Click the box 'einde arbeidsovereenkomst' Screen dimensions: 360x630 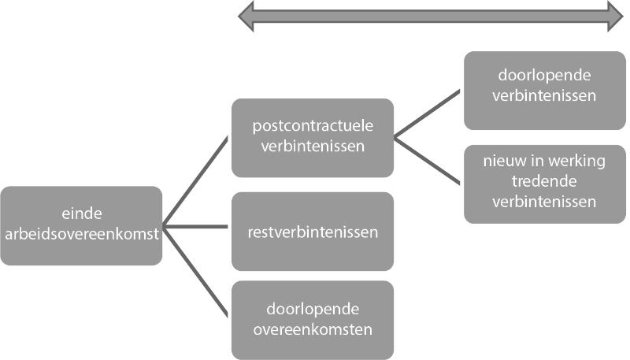pyautogui.click(x=81, y=225)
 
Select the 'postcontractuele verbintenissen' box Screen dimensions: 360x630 pyautogui.click(x=313, y=137)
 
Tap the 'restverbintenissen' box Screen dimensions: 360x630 pyautogui.click(x=313, y=232)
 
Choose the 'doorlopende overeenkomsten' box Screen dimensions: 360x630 pyautogui.click(x=313, y=319)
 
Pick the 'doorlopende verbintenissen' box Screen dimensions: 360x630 pyautogui.click(x=545, y=90)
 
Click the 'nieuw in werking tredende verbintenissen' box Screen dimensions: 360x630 pyautogui.click(x=545, y=184)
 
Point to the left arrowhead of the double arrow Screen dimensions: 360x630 pyautogui.click(x=246, y=16)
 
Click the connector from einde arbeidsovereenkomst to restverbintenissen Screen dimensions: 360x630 pyautogui.click(x=197, y=226)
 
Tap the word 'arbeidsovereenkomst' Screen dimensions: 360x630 pyautogui.click(x=81, y=235)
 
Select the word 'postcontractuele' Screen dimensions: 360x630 pyautogui.click(x=313, y=126)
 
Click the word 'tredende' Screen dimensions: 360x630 pyautogui.click(x=545, y=182)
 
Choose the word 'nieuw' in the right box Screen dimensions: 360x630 pyautogui.click(x=502, y=162)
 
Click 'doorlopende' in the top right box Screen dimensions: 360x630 pyautogui.click(x=545, y=77)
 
